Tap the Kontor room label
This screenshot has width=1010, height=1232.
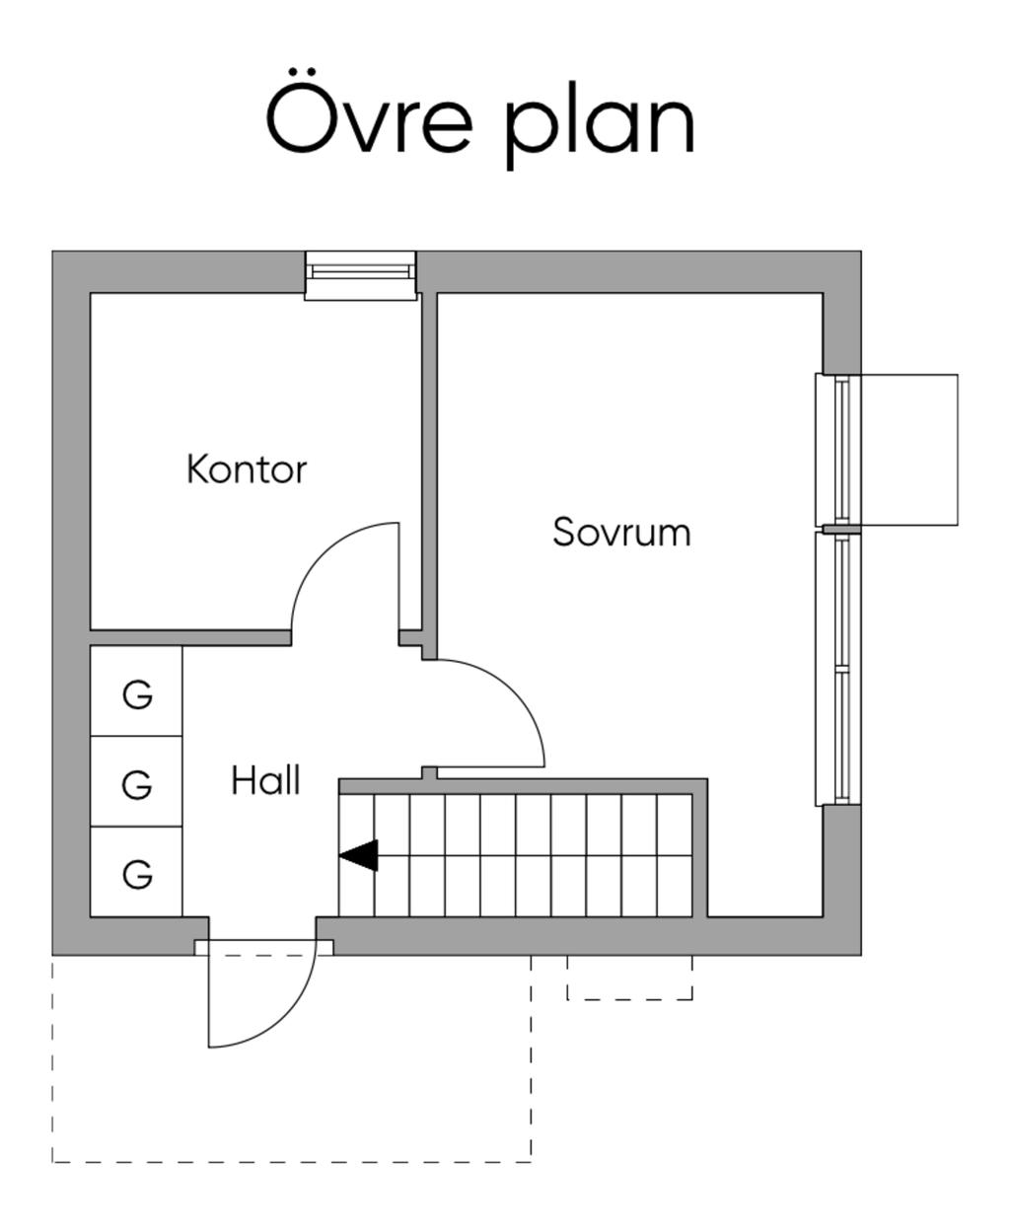click(x=247, y=470)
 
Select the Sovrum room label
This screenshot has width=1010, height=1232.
click(x=621, y=533)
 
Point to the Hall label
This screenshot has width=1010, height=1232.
click(x=265, y=781)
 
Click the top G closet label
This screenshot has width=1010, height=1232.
click(x=137, y=694)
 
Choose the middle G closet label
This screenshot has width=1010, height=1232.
click(x=137, y=785)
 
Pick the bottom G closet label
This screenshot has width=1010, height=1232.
click(x=137, y=874)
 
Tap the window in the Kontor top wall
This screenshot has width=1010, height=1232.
click(x=360, y=274)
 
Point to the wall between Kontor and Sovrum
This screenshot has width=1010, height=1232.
click(x=429, y=464)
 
